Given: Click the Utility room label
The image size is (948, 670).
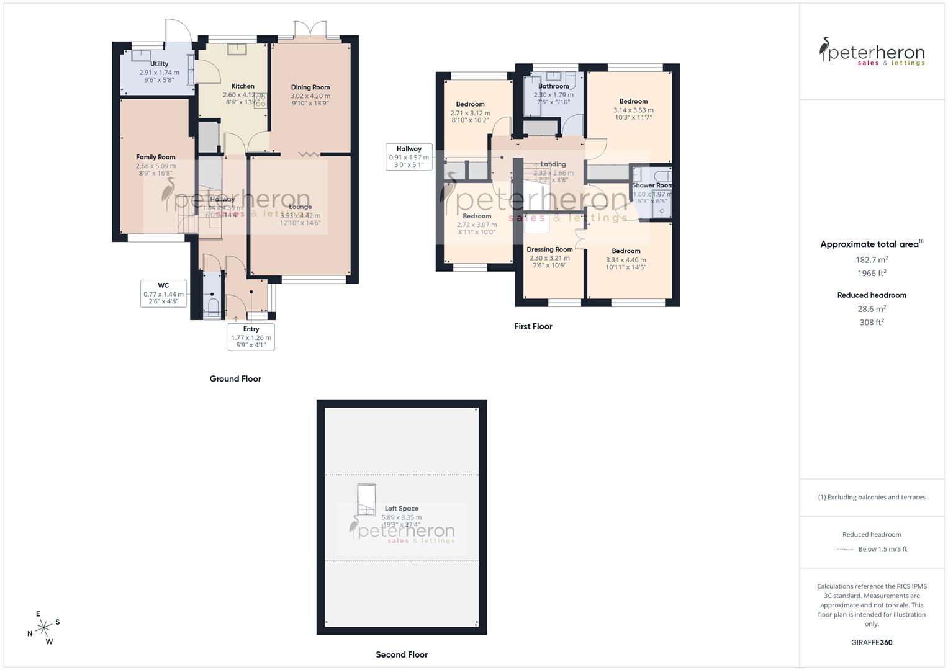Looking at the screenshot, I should pyautogui.click(x=159, y=64).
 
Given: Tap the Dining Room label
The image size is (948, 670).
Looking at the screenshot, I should pyautogui.click(x=310, y=87).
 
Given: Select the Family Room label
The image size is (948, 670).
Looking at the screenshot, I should pyautogui.click(x=156, y=158).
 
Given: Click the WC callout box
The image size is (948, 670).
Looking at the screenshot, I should pyautogui.click(x=163, y=293).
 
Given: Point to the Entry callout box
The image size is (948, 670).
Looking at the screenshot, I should pyautogui.click(x=251, y=337).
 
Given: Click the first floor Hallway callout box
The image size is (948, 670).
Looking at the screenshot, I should pyautogui.click(x=409, y=157).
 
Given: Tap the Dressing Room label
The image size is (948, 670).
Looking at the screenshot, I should pyautogui.click(x=549, y=249).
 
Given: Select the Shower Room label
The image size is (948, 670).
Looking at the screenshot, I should pyautogui.click(x=652, y=185).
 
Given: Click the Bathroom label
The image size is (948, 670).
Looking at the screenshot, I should pyautogui.click(x=553, y=86).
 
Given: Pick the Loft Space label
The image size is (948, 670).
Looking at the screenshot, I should pyautogui.click(x=401, y=509).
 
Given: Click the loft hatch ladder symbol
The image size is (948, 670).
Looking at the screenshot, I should pyautogui.click(x=366, y=500).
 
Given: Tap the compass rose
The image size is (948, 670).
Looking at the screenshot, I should pyautogui.click(x=43, y=628).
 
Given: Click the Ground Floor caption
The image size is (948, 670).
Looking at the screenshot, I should pyautogui.click(x=235, y=378).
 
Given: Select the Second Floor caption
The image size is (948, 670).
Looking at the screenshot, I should pyautogui.click(x=402, y=654).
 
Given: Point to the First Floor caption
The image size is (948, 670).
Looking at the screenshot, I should pyautogui.click(x=533, y=326).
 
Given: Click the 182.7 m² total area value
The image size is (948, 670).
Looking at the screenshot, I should pyautogui.click(x=872, y=260).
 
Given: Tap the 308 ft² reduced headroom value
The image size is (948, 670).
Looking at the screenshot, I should pyautogui.click(x=872, y=322).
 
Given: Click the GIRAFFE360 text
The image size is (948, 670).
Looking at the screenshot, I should pyautogui.click(x=872, y=642).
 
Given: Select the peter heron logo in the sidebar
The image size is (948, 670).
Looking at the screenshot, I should pyautogui.click(x=872, y=52).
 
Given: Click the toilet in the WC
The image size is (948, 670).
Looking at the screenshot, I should pyautogui.click(x=213, y=306).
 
